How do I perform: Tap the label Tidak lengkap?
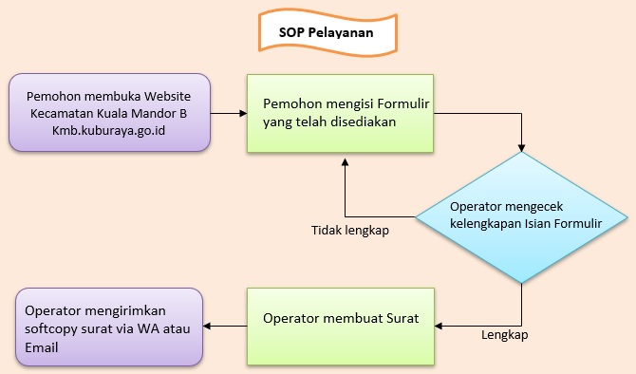[x=350, y=230]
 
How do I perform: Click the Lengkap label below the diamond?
[x=505, y=334]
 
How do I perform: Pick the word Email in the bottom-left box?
[x=44, y=347]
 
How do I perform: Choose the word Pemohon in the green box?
[x=290, y=103]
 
